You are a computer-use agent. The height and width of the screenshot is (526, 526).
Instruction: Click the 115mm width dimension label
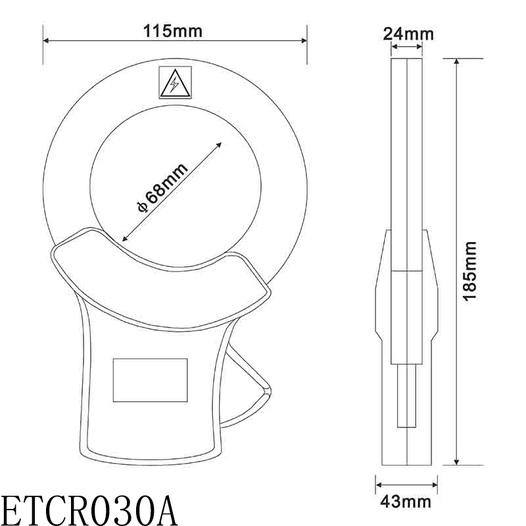coord(174,30)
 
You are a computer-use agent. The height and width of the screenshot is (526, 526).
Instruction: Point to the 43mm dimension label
coord(406,502)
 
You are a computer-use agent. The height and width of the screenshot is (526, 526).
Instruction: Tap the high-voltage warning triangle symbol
coord(175,83)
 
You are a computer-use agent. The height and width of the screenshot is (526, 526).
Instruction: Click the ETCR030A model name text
coord(88,508)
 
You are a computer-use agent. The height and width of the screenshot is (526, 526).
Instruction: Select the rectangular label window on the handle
coord(150,379)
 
